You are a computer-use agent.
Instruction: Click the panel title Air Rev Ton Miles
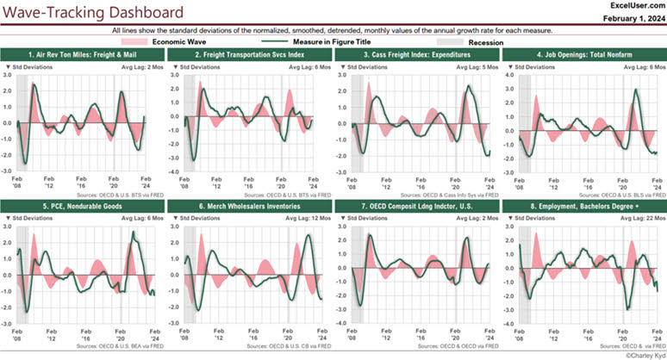[x=83, y=54]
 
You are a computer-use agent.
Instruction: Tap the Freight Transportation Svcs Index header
[x=250, y=54]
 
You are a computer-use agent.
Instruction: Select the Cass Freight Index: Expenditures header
[x=415, y=54]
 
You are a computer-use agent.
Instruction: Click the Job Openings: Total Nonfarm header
[x=582, y=54]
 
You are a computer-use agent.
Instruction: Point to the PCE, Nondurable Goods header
[x=83, y=207]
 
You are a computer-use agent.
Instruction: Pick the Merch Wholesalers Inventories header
[x=250, y=207]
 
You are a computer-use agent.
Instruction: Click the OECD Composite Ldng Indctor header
[x=415, y=207]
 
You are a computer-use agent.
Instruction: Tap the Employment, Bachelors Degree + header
[x=582, y=207]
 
